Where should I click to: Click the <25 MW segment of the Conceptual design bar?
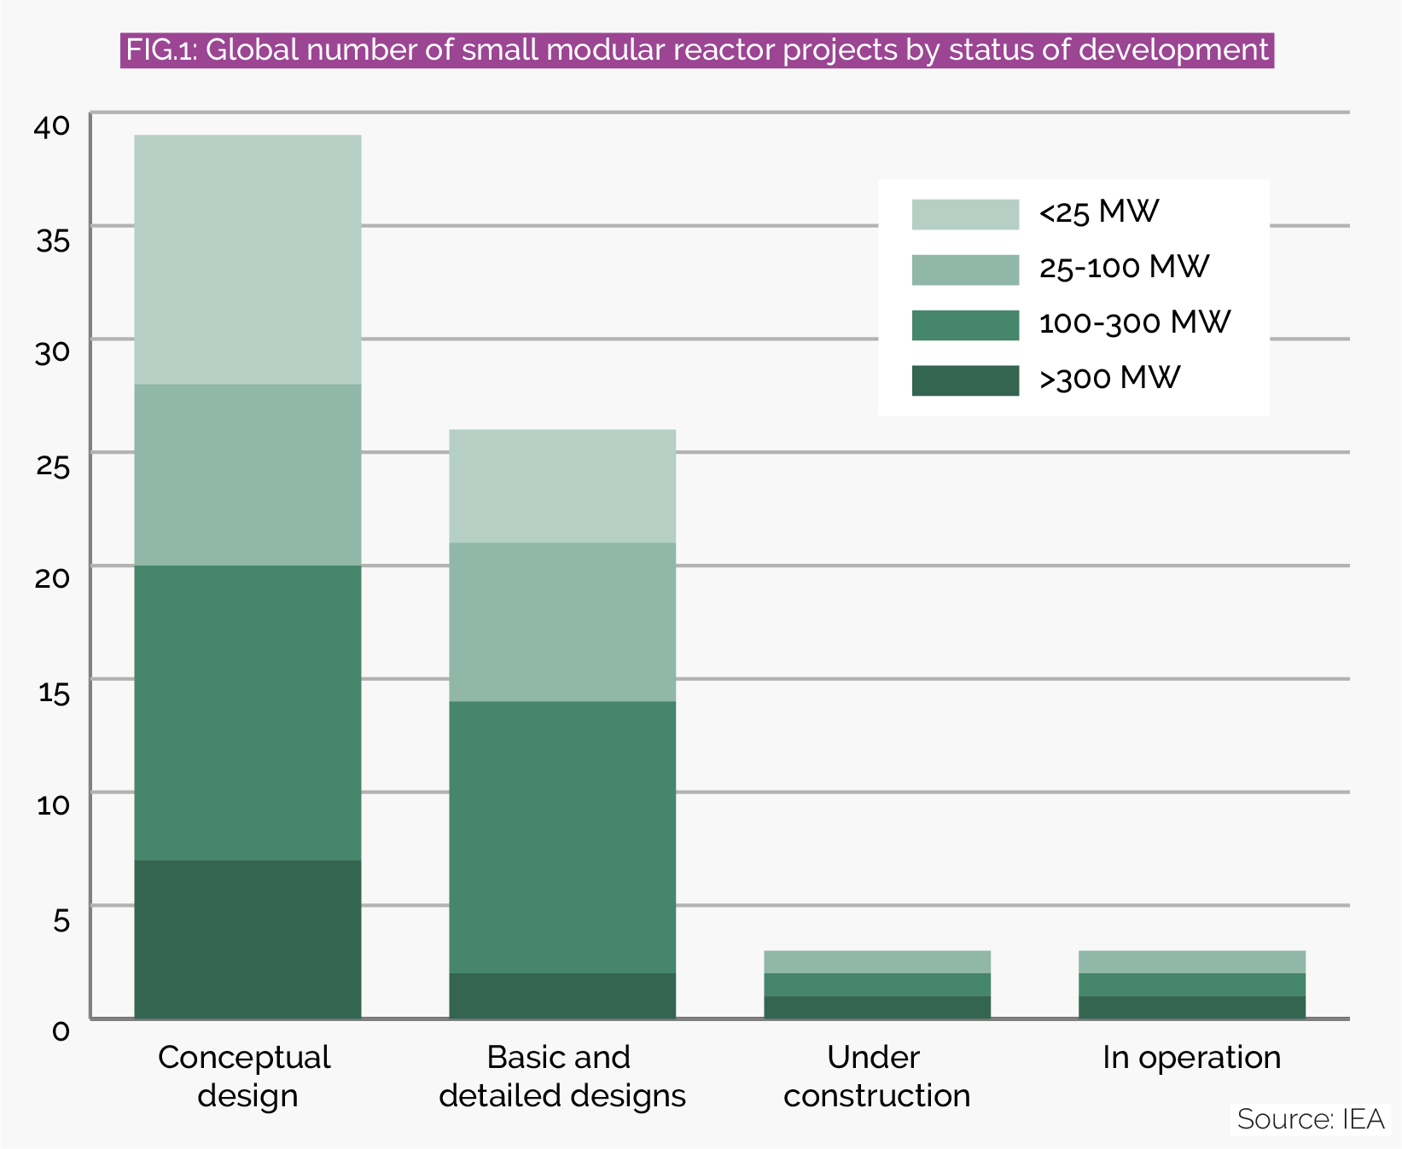pyautogui.click(x=247, y=259)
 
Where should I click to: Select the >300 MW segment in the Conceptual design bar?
pyautogui.click(x=247, y=938)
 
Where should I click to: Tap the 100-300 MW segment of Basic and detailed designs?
pyautogui.click(x=562, y=837)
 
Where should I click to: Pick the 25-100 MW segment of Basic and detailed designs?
pyautogui.click(x=562, y=622)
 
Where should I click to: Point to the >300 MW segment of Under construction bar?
pyautogui.click(x=877, y=1007)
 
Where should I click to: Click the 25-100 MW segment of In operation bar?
pyautogui.click(x=1192, y=961)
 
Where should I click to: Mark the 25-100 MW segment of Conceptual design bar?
pyautogui.click(x=247, y=474)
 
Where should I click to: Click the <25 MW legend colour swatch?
pyautogui.click(x=965, y=214)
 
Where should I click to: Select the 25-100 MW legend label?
pyautogui.click(x=1124, y=268)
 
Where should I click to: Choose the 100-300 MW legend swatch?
pyautogui.click(x=965, y=325)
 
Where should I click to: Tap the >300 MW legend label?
pyautogui.click(x=1109, y=378)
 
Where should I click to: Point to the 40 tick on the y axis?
pyautogui.click(x=51, y=126)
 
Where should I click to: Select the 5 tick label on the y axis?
pyautogui.click(x=61, y=919)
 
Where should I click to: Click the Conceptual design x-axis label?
pyautogui.click(x=246, y=1076)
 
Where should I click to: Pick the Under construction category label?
pyautogui.click(x=876, y=1076)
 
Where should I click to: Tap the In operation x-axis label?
pyautogui.click(x=1191, y=1058)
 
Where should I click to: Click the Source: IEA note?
pyautogui.click(x=1310, y=1119)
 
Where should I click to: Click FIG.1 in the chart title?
pyautogui.click(x=161, y=50)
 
